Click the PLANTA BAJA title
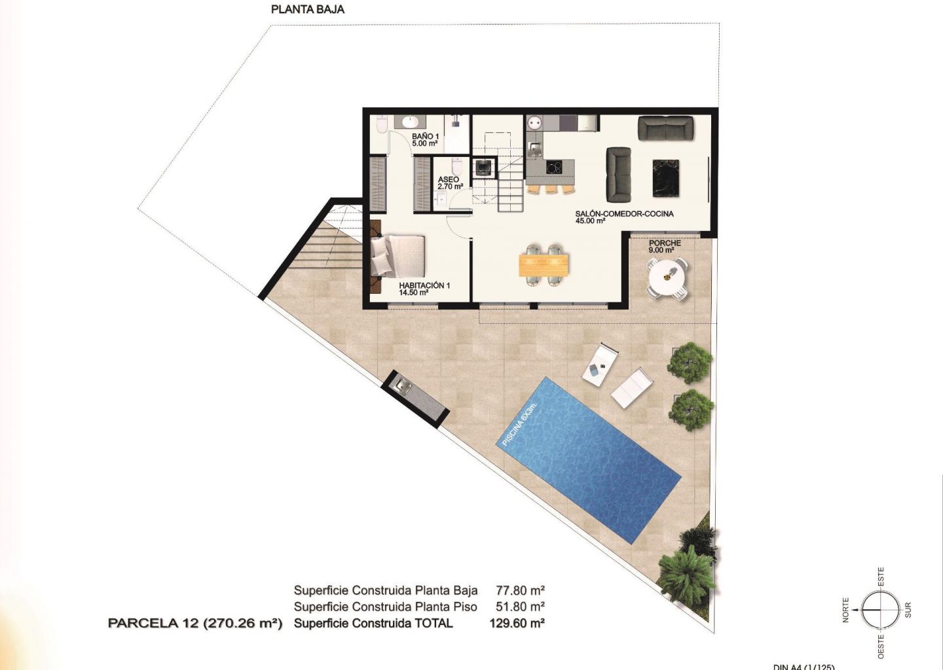pos(308,9)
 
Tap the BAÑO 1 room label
pos(425,139)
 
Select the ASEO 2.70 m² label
pos(450,183)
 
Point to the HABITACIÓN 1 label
pos(424,289)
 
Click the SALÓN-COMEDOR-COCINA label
pos(624,217)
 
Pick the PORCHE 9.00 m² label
pos(665,247)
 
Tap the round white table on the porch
pos(667,277)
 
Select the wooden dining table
pos(544,265)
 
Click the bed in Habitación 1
pos(398,256)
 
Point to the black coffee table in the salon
pos(666,178)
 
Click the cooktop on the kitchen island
pos(553,167)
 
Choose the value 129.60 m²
pos(517,623)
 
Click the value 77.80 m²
pos(521,591)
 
